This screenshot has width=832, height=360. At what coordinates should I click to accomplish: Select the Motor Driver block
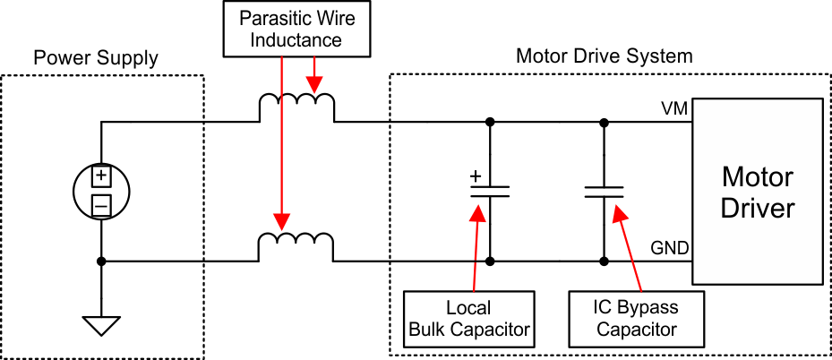click(x=757, y=192)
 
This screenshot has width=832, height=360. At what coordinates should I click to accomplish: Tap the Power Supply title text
click(x=96, y=59)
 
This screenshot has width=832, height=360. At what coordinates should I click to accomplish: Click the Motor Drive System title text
click(x=604, y=56)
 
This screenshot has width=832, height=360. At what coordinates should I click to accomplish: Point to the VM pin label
click(x=674, y=108)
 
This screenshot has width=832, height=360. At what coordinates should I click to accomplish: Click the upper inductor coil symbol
click(x=296, y=107)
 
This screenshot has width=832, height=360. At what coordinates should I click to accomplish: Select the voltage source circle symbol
click(x=101, y=191)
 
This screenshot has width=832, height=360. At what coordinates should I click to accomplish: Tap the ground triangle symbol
click(x=101, y=324)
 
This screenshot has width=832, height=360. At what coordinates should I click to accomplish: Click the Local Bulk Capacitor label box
click(x=469, y=319)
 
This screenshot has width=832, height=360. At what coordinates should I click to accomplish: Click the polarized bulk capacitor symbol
click(x=490, y=191)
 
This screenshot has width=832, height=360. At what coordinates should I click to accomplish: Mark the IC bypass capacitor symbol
click(x=604, y=191)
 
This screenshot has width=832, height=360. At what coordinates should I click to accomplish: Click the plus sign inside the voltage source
click(x=101, y=176)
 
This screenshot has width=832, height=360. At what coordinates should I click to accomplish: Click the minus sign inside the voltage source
click(x=101, y=206)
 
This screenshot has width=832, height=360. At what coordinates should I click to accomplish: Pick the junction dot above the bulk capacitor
click(x=490, y=121)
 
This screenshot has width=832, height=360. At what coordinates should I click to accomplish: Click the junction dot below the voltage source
click(x=101, y=261)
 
